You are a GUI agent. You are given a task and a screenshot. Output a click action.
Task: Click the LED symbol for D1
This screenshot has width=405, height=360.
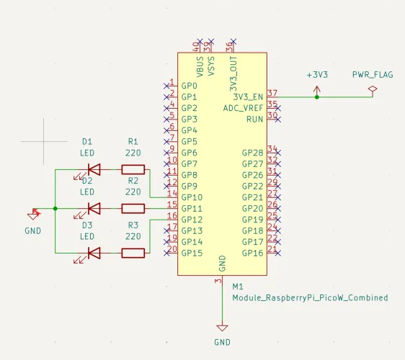(93, 170)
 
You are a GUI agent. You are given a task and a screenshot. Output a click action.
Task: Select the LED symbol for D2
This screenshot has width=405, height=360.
(93, 209)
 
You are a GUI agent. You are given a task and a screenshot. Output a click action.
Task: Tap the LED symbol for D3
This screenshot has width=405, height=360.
(93, 253)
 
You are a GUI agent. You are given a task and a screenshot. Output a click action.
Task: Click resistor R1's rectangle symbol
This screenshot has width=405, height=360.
(133, 170)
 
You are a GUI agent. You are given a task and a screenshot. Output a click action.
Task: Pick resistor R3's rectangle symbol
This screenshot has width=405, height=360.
(133, 253)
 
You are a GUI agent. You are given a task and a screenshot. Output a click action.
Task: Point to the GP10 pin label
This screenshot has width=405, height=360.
(192, 197)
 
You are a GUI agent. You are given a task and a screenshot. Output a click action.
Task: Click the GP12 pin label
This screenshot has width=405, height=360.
(192, 220)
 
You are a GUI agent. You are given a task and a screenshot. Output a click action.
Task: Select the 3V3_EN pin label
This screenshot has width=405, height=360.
(248, 96)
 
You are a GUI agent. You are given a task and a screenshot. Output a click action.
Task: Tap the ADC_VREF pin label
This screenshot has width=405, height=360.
(243, 108)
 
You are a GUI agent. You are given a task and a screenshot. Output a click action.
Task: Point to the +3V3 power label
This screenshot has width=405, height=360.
(317, 75)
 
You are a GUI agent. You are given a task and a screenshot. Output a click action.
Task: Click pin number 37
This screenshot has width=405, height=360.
(272, 93)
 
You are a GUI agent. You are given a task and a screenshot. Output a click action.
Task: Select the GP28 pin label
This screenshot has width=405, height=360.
(252, 153)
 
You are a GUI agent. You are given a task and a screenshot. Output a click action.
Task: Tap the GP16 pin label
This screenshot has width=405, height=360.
(252, 253)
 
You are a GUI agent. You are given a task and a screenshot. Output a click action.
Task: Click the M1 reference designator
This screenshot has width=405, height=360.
(238, 286)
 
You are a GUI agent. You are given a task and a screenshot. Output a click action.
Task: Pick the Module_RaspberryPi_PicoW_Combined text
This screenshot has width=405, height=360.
(310, 297)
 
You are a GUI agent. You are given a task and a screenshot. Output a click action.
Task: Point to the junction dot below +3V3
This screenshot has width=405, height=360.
(316, 96)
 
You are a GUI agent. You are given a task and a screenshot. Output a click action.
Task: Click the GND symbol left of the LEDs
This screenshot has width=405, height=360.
(32, 215)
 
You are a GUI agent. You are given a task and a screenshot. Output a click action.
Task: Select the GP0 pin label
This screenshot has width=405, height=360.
(189, 86)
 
